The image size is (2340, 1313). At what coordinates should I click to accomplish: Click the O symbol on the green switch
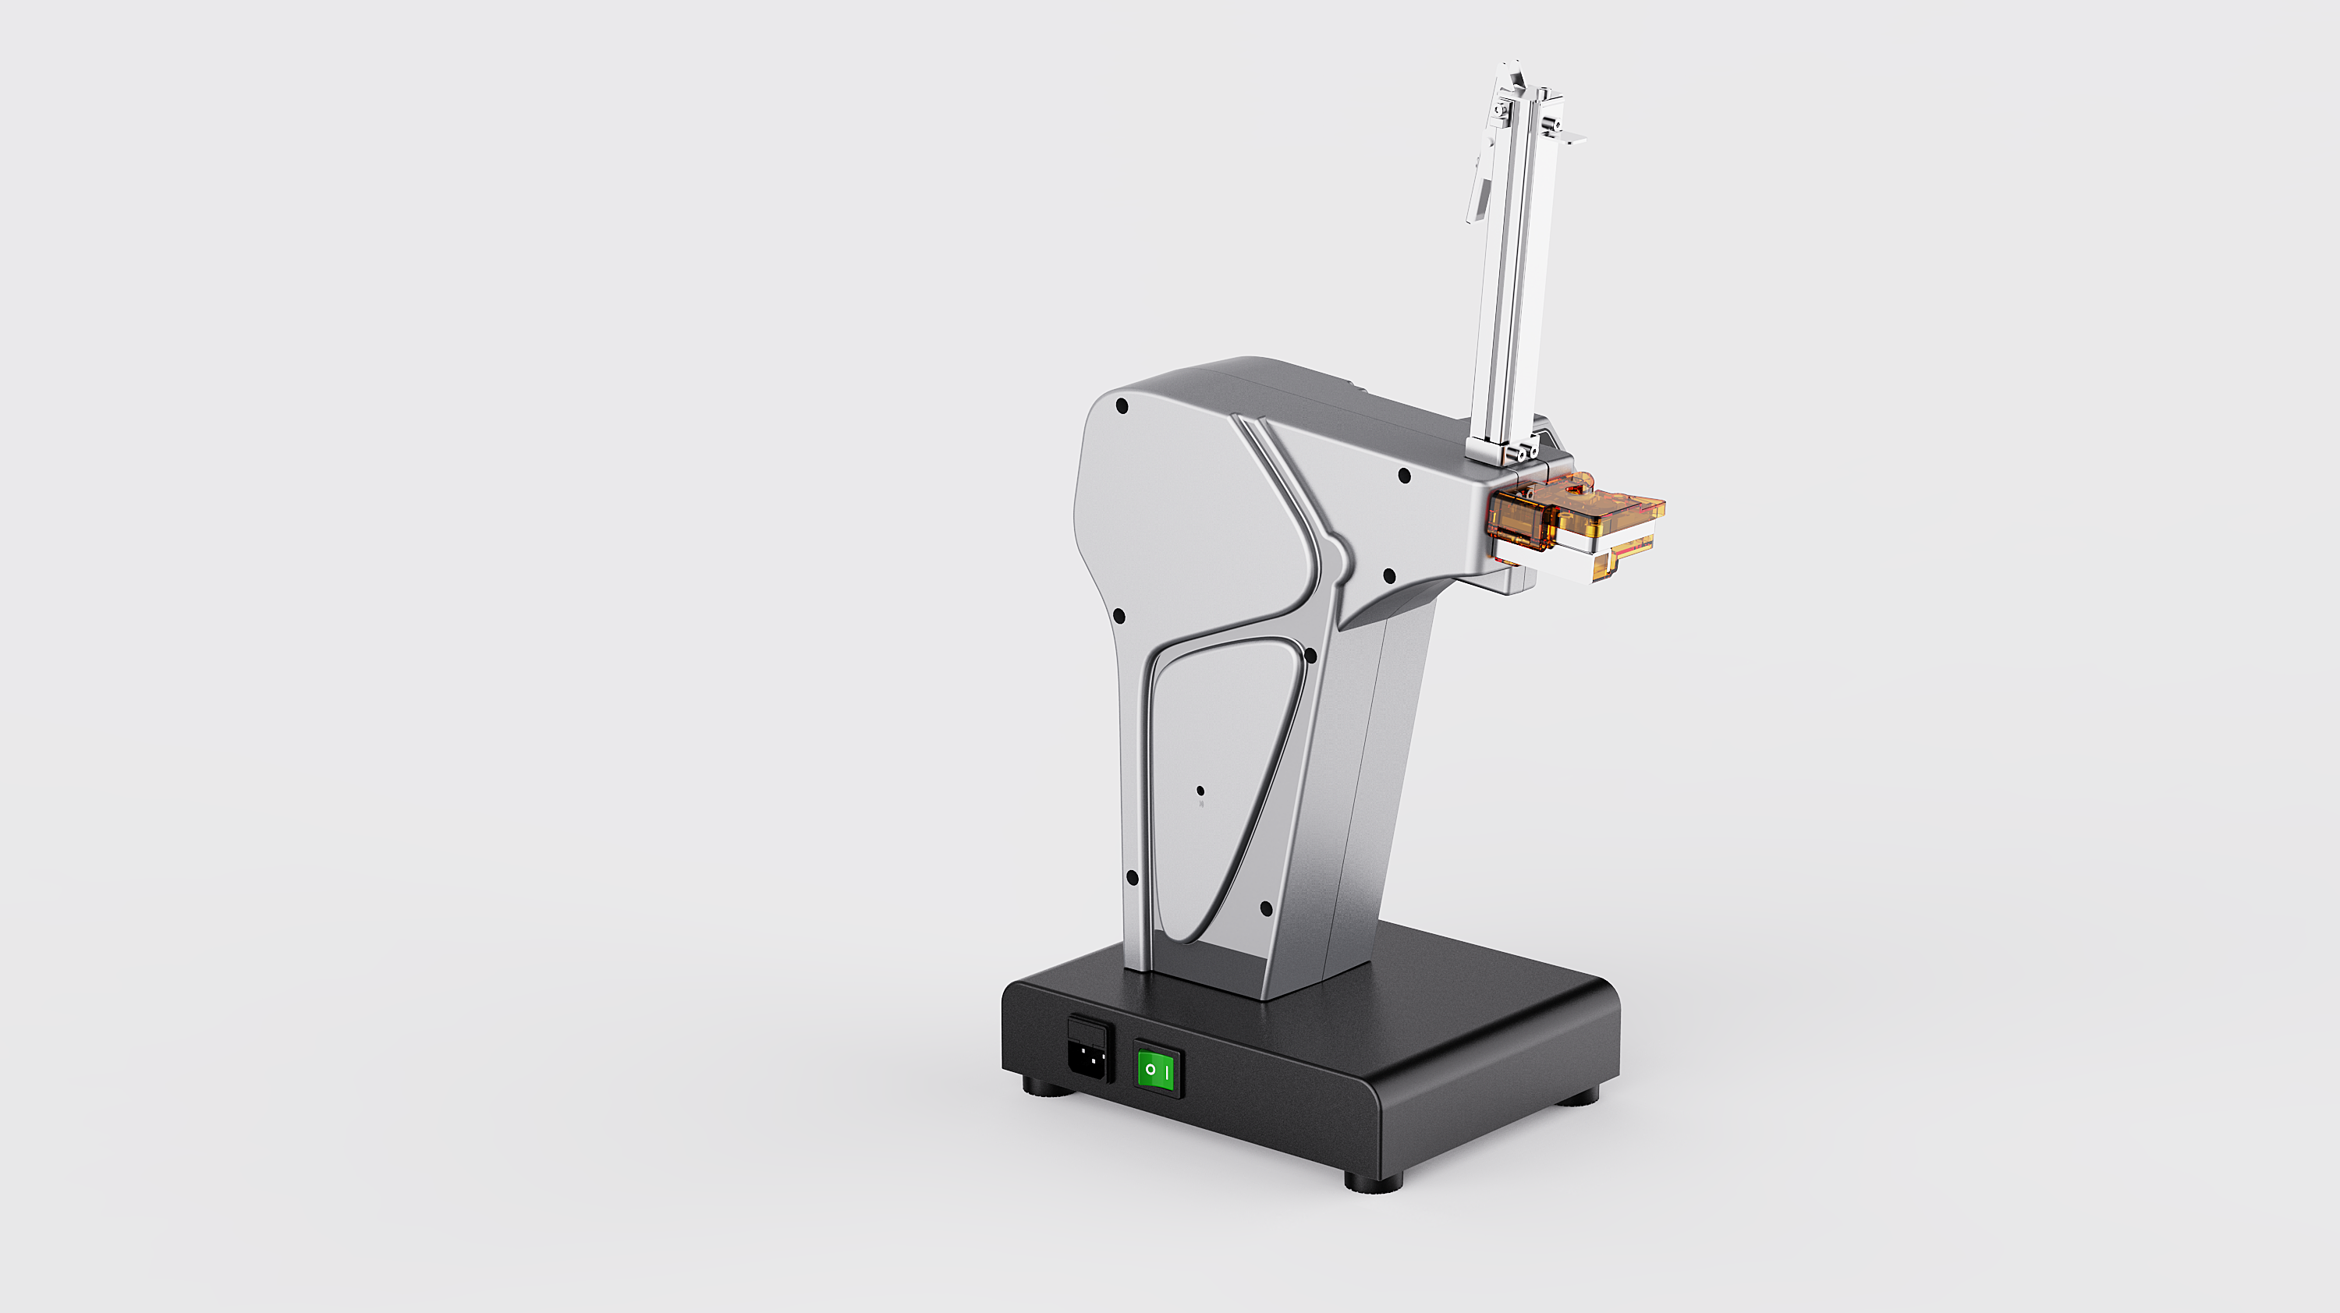tap(1150, 1070)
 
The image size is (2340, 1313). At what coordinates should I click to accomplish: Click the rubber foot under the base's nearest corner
tap(1373, 1182)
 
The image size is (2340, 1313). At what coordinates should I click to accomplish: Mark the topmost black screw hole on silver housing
tap(1122, 406)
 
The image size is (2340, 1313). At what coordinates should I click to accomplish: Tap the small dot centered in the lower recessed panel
tap(1200, 791)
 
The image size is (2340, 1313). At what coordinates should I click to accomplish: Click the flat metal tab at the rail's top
tap(1569, 139)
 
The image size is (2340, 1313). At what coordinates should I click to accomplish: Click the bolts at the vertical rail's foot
tap(1519, 451)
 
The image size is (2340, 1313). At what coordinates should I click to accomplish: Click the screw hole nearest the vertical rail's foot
tap(1404, 475)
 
